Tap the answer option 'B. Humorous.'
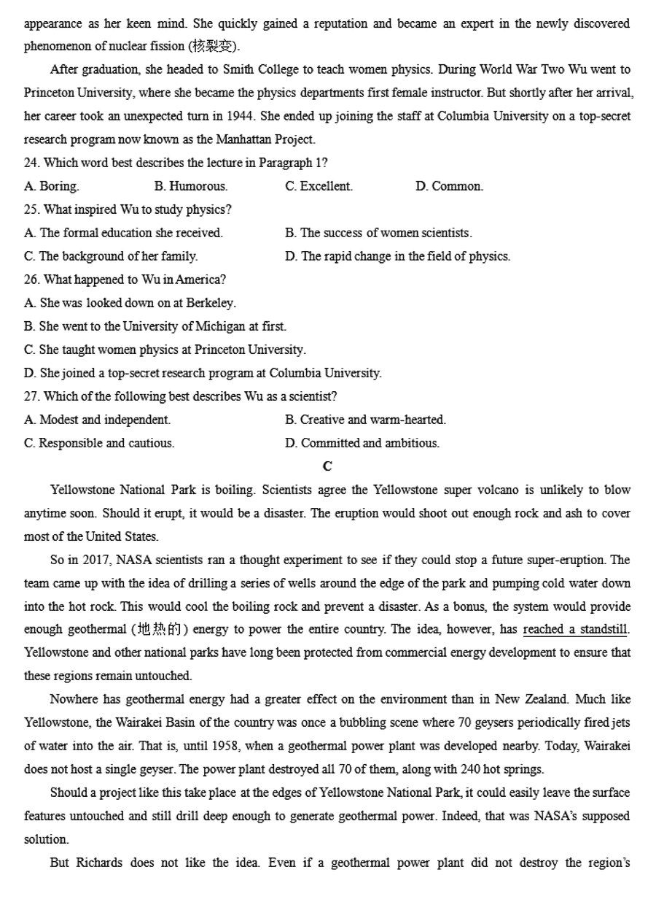pos(191,186)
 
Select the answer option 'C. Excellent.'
pos(319,186)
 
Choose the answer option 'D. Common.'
pos(449,186)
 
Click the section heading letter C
pos(327,466)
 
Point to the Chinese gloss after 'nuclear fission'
pos(214,47)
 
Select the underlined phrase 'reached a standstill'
pos(575,630)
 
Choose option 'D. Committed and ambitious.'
pos(362,443)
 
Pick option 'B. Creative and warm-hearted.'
pos(365,420)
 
